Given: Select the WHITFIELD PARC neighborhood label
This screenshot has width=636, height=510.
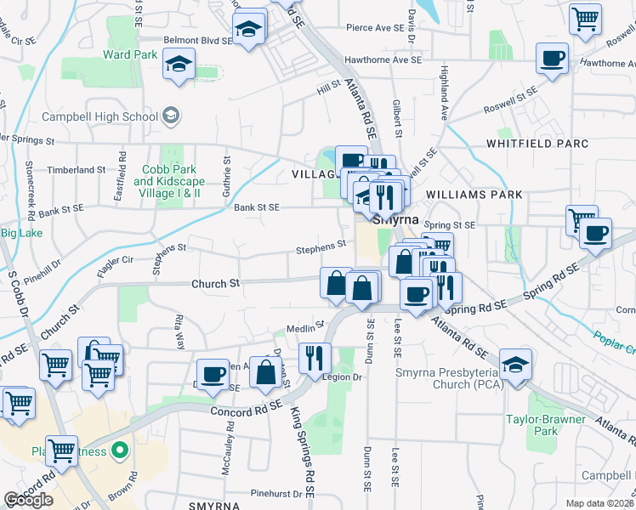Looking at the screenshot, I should click(x=537, y=144).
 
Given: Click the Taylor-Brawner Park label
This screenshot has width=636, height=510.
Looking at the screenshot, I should click(x=545, y=425).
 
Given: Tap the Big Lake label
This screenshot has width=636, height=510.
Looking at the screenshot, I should click(x=21, y=233).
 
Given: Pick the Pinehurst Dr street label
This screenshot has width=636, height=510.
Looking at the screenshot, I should click(x=282, y=493).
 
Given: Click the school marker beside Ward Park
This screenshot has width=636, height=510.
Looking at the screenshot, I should click(x=179, y=65).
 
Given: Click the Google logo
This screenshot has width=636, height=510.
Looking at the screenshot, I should click(x=28, y=500).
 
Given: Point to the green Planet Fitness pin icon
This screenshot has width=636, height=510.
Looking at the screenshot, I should click(x=121, y=450).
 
